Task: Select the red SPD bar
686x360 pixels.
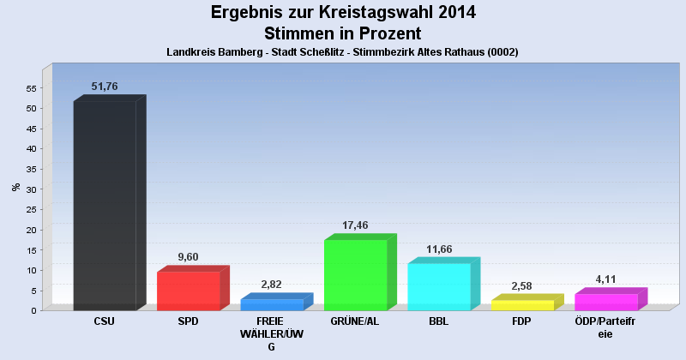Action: pyautogui.click(x=188, y=290)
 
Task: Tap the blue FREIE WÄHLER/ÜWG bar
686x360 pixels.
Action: pyautogui.click(x=272, y=303)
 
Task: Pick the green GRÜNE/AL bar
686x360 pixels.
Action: pyautogui.click(x=355, y=274)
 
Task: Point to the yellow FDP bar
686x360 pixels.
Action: pyautogui.click(x=522, y=304)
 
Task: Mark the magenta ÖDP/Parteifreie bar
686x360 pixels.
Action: pyautogui.click(x=605, y=301)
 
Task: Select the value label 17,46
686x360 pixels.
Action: pyautogui.click(x=355, y=225)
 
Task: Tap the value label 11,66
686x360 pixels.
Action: pyautogui.click(x=439, y=249)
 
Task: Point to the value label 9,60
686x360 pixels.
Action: pyautogui.click(x=189, y=257)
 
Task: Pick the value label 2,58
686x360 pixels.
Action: pyautogui.click(x=522, y=285)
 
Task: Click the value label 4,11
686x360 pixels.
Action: pyautogui.click(x=606, y=279)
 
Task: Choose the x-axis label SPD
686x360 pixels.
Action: pyautogui.click(x=188, y=321)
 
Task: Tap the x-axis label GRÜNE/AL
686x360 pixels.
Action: pyautogui.click(x=355, y=321)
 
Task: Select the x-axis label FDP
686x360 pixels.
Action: pyautogui.click(x=521, y=321)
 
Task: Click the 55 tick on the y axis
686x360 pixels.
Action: pyautogui.click(x=30, y=88)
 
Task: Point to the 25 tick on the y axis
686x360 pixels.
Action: pyautogui.click(x=30, y=209)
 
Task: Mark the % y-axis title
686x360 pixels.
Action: pyautogui.click(x=15, y=187)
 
